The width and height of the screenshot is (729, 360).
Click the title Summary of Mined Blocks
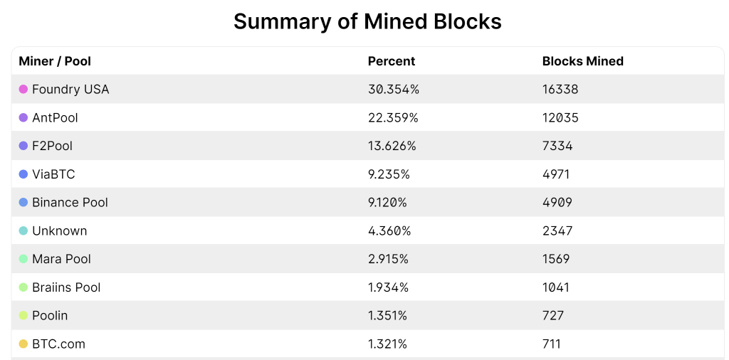pyautogui.click(x=367, y=21)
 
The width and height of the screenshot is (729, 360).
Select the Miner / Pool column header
pyautogui.click(x=55, y=61)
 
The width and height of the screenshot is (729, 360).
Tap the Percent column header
pyautogui.click(x=391, y=61)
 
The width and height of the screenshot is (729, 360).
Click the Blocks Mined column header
pyautogui.click(x=582, y=61)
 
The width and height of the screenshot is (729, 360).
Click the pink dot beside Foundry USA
pyautogui.click(x=23, y=90)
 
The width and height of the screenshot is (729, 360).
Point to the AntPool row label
pyautogui.click(x=55, y=117)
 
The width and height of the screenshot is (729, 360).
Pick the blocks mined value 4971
pyautogui.click(x=556, y=174)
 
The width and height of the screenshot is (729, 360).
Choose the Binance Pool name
pyautogui.click(x=70, y=203)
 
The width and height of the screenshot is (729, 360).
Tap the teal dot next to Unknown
pyautogui.click(x=23, y=231)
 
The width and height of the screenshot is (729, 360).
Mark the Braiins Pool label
pyautogui.click(x=66, y=287)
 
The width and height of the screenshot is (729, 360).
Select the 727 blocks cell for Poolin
pyautogui.click(x=553, y=315)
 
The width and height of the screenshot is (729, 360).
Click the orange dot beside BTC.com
pyautogui.click(x=23, y=344)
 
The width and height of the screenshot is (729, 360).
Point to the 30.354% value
pyautogui.click(x=393, y=90)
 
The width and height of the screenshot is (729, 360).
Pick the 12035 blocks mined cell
pyautogui.click(x=560, y=117)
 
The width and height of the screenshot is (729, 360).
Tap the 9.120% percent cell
pyautogui.click(x=387, y=203)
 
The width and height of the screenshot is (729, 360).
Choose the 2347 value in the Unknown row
pyautogui.click(x=557, y=231)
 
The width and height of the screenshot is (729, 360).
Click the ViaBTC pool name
pyautogui.click(x=53, y=174)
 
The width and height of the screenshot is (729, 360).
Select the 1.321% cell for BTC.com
pyautogui.click(x=387, y=344)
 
